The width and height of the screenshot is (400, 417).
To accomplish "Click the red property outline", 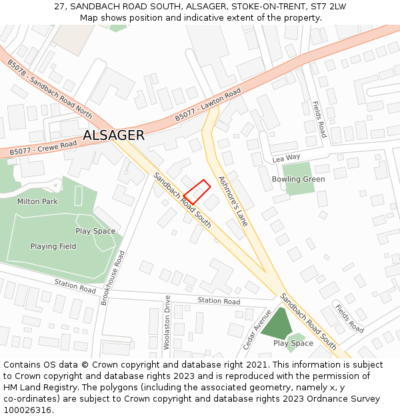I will pos(197,191).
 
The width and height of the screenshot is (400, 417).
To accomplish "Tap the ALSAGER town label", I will pos(113,135).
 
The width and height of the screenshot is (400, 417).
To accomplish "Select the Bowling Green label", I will pos(298,179).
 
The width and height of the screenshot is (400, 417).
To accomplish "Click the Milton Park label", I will pos(38,201).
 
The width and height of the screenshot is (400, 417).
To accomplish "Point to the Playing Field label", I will pos(53,246).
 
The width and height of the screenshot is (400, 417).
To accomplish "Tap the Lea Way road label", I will pos(287,159).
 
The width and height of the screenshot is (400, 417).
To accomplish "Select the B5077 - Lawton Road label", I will pos(207,107).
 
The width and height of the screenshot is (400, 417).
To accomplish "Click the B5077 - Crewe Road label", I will pos(43,148).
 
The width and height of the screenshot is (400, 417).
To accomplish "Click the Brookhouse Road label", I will pos(111,278).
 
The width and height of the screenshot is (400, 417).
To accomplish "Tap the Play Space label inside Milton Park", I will pos(95,231).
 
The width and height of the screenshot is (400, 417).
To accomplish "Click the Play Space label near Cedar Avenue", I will pos(293,343).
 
